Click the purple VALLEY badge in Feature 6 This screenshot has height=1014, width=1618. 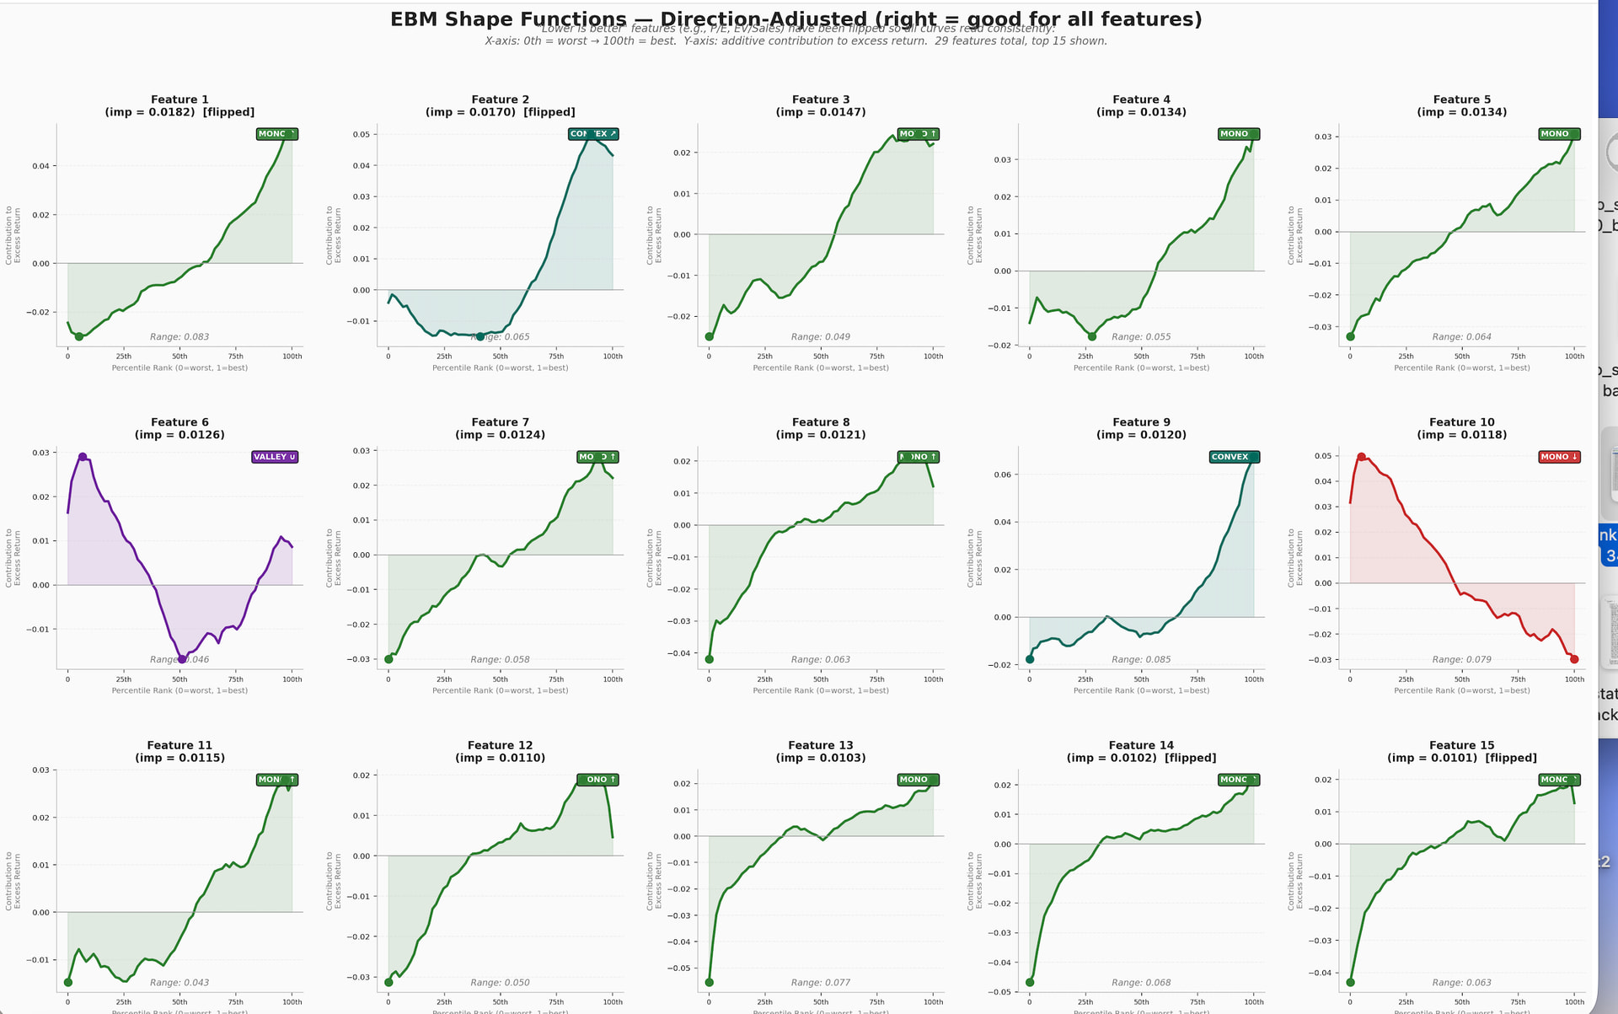click(x=275, y=457)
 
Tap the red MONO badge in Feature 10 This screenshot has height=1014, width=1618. click(x=1559, y=457)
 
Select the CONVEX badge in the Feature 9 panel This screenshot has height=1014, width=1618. click(x=1234, y=457)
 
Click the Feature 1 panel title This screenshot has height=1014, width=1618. click(x=179, y=99)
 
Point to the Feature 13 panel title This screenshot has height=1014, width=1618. click(x=820, y=745)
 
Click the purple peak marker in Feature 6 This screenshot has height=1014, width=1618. click(x=83, y=457)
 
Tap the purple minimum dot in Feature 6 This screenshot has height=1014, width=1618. click(x=182, y=659)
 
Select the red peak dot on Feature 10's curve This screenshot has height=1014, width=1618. click(x=1361, y=457)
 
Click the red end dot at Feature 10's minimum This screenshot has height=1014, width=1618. click(x=1574, y=659)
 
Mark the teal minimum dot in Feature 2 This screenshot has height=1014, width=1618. click(x=480, y=336)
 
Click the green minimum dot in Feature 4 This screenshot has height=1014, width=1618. click(x=1092, y=336)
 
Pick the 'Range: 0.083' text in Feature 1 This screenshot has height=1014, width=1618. click(x=179, y=337)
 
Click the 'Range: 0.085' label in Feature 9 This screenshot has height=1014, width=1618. click(x=1141, y=660)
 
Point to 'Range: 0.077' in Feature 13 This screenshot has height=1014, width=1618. click(x=820, y=983)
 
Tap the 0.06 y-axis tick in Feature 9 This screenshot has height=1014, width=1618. click(x=1003, y=475)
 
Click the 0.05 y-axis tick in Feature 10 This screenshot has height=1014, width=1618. click(x=1323, y=456)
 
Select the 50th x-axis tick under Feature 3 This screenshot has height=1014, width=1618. click(x=821, y=357)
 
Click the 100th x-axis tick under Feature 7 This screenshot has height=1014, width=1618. click(x=613, y=679)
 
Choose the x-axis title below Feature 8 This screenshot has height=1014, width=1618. click(x=821, y=690)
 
